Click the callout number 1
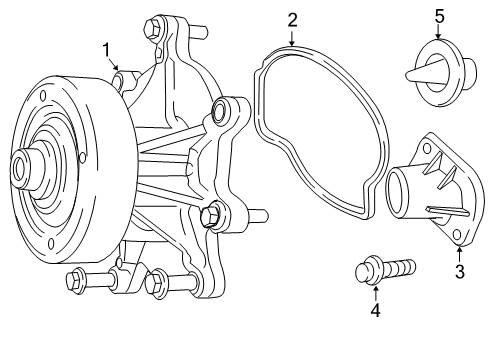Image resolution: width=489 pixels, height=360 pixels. (106, 49)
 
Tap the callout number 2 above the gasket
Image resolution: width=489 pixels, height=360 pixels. (292, 19)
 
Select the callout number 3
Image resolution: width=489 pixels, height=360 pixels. (460, 270)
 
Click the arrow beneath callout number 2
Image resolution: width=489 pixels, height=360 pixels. (292, 38)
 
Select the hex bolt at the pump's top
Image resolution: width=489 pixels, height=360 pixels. (153, 28)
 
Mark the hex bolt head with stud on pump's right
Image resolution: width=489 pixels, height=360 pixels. (211, 214)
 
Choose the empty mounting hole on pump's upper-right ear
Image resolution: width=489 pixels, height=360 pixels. (220, 111)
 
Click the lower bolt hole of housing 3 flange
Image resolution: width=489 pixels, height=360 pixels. (456, 234)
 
